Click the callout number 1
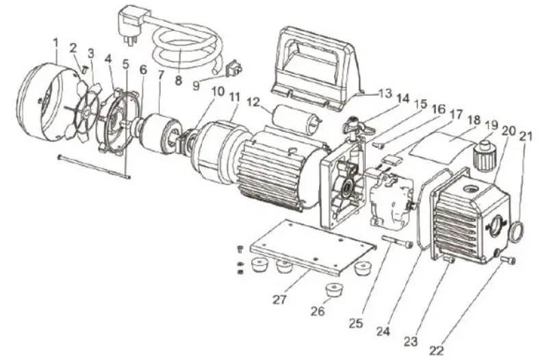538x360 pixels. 55,42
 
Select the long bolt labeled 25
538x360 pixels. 398,241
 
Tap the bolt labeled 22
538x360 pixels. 508,260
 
